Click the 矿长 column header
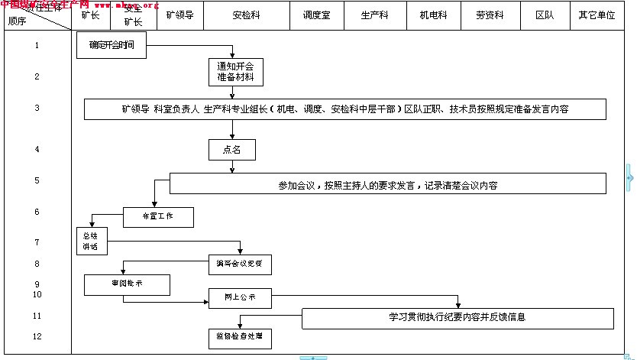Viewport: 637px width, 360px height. pos(90,15)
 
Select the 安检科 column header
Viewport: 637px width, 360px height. pos(247,15)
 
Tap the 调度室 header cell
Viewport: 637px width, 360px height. pos(316,15)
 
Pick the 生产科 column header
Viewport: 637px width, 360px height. pos(375,15)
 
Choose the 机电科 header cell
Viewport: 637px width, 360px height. pos(433,15)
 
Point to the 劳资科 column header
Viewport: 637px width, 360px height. pos(490,15)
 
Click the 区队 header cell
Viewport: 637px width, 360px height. pos(545,15)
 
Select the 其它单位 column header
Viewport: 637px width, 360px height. pos(597,15)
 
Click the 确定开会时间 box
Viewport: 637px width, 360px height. pos(112,46)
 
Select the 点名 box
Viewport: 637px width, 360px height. pos(232,150)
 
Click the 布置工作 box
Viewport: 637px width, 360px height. pos(158,217)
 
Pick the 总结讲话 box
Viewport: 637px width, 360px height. pos(92,242)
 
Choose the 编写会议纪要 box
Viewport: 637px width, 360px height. pos(240,265)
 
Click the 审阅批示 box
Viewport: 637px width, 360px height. pos(127,284)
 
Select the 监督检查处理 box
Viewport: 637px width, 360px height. pos(240,337)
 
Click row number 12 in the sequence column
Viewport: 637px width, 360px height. pos(37,336)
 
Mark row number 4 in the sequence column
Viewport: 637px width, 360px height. pos(37,150)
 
